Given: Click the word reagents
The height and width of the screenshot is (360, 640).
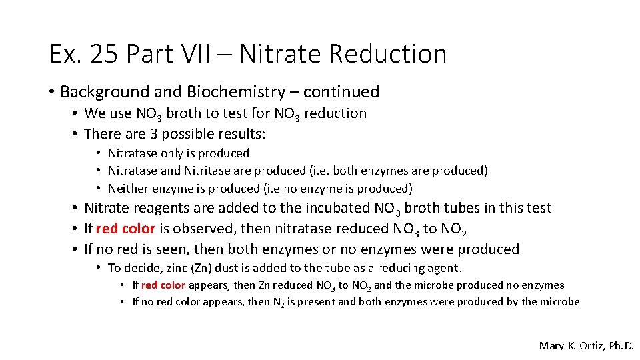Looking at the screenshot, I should click(159, 209).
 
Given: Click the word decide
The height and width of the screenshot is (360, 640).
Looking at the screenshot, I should click(139, 268).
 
